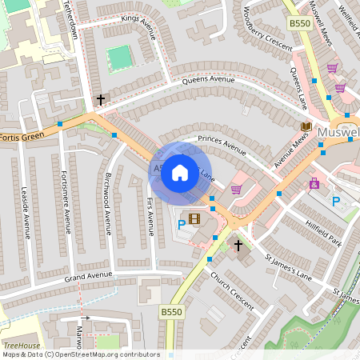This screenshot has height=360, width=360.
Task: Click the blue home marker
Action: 180,172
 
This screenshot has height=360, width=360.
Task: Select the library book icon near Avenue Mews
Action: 305,126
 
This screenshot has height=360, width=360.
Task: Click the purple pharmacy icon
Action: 314,183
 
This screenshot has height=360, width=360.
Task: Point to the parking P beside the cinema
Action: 182,226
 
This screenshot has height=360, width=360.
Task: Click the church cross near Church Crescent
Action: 237,243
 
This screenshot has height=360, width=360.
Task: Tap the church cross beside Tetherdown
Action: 101,100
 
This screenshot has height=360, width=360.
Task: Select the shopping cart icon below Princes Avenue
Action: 236,190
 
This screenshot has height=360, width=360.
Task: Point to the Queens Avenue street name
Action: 208,80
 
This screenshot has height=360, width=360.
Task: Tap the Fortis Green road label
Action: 20,137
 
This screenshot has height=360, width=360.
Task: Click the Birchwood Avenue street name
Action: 107,203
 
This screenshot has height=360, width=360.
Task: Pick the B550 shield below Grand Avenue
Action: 170,310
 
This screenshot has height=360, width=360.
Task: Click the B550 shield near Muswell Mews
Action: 299,24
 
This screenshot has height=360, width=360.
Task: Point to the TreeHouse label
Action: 21,346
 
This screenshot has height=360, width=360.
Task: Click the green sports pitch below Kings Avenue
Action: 118,57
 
